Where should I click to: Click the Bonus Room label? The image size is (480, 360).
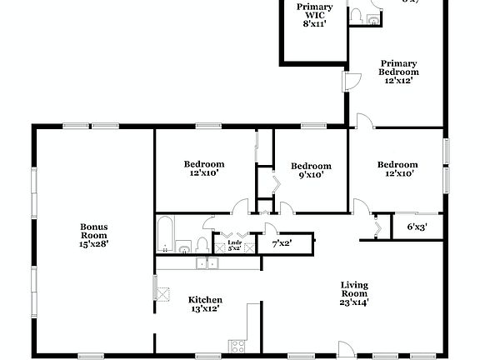click(x=93, y=231)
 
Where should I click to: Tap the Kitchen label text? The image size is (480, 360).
click(x=204, y=300)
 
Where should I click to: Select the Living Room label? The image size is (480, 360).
click(x=354, y=289)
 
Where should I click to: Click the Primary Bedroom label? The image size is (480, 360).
click(x=399, y=67)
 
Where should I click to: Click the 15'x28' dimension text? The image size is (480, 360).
click(x=93, y=243)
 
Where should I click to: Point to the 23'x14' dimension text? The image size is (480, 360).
click(x=354, y=302)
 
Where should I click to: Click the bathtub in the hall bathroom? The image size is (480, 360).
click(x=166, y=234)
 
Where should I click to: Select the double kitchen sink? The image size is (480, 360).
click(x=205, y=263)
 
